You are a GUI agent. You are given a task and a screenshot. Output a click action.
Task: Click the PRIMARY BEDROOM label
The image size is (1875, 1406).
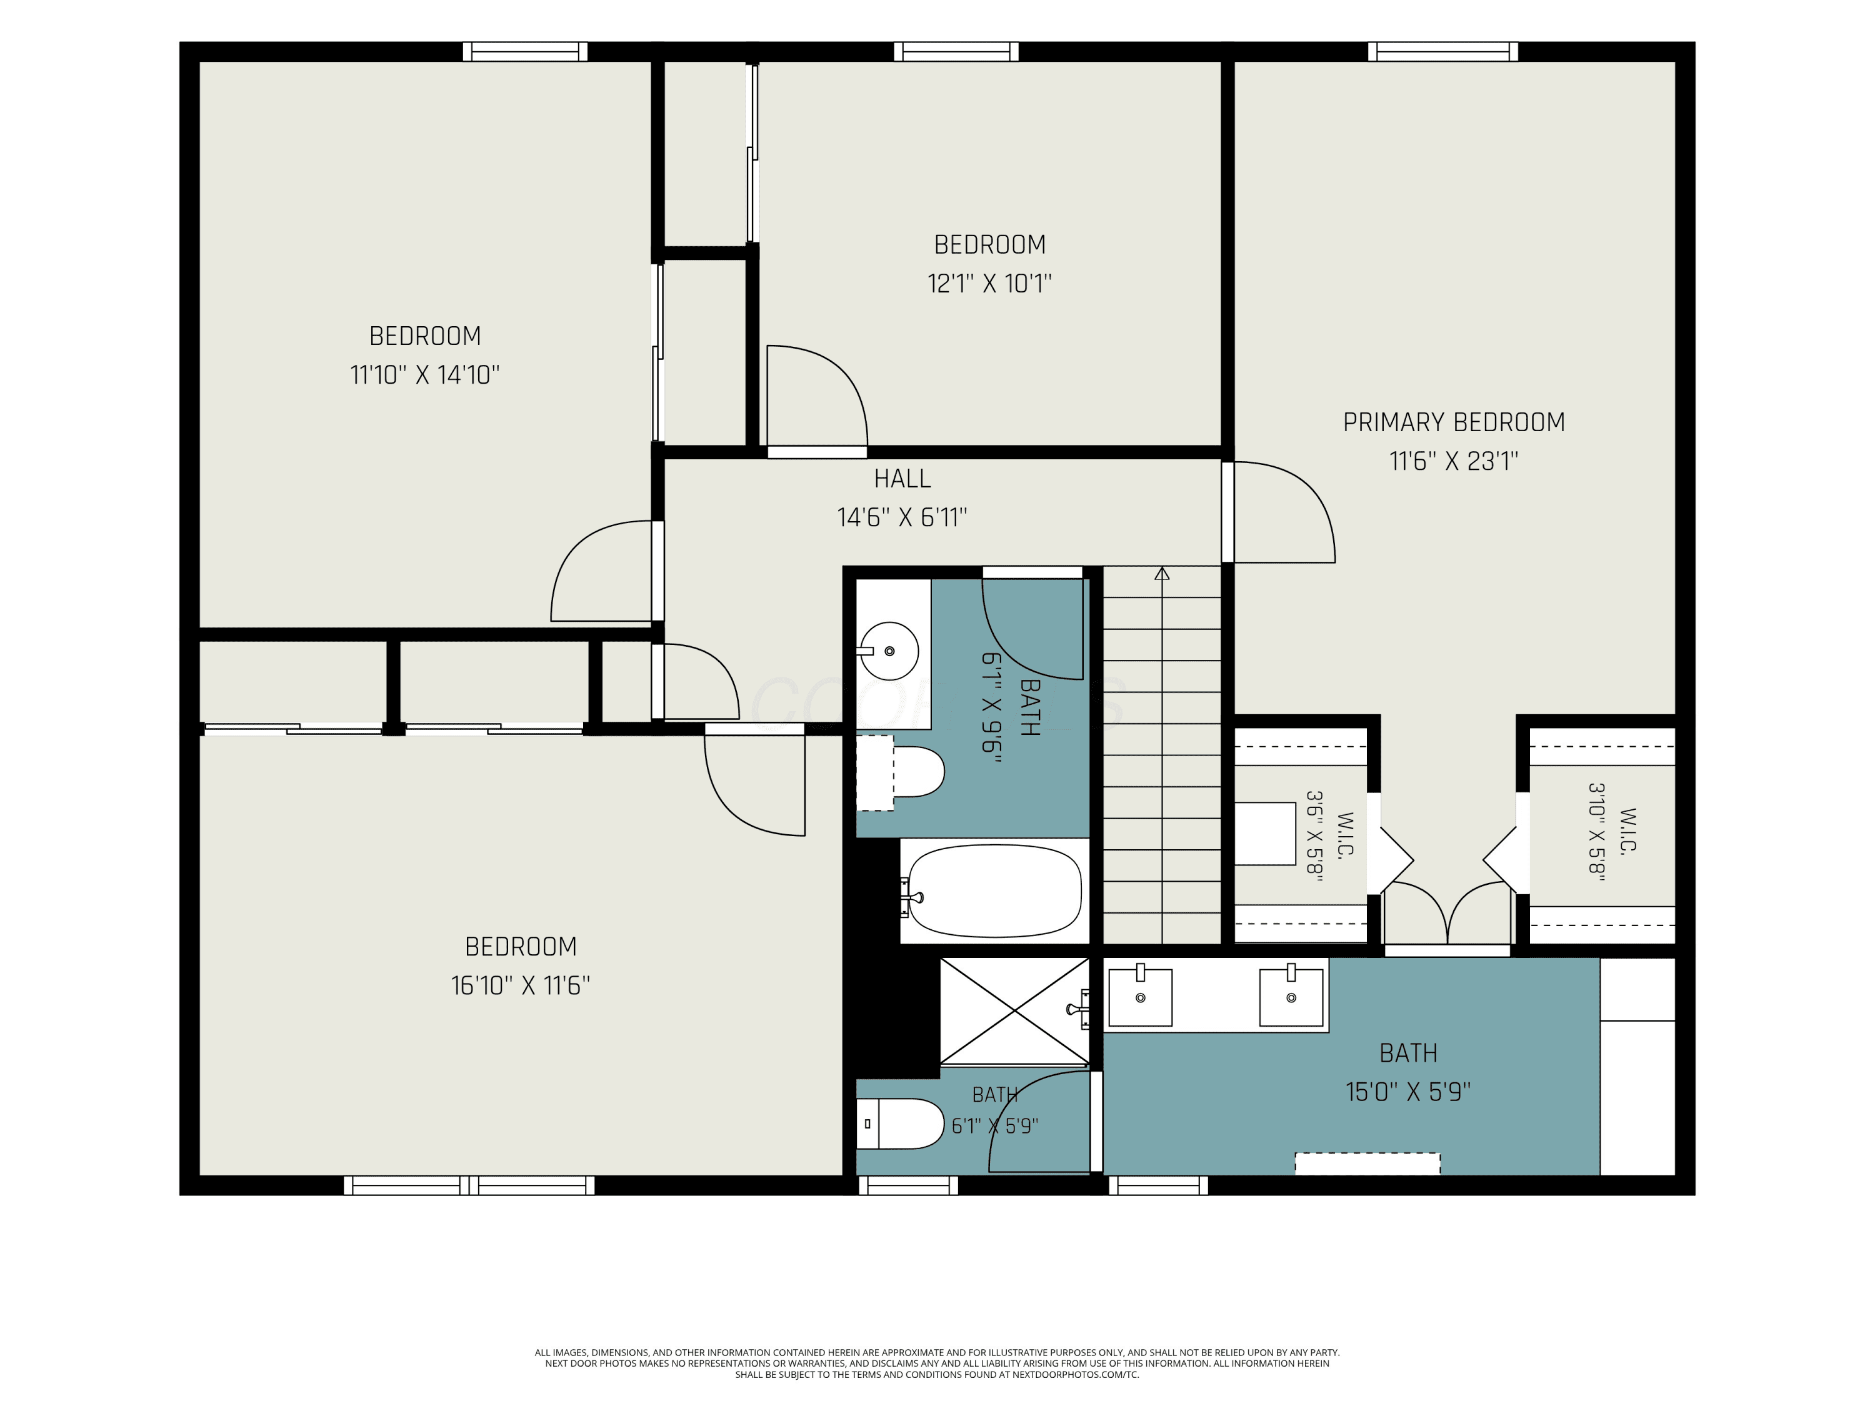tap(1454, 422)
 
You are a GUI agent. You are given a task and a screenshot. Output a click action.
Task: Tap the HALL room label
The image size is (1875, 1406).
tap(902, 479)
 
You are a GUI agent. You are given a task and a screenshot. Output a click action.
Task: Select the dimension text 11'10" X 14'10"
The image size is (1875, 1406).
tap(424, 374)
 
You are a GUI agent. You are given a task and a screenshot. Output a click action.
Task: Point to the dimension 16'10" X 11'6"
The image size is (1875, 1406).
tap(521, 985)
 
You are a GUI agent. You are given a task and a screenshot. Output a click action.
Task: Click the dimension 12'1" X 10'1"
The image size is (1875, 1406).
tap(989, 283)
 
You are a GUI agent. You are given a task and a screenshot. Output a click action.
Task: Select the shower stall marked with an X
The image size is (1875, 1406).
tap(1014, 1011)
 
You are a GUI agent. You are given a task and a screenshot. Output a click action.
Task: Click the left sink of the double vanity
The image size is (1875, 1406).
tap(1140, 997)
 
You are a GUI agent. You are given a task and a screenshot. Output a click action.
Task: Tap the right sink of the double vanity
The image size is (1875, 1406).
tap(1291, 997)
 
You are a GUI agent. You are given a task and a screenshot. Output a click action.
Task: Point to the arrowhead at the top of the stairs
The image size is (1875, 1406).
tap(1162, 574)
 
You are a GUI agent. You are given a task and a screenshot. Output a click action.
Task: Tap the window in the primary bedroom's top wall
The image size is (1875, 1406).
tap(1442, 52)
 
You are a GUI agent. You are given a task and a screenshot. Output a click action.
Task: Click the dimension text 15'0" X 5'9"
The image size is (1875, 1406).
tap(1408, 1092)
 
